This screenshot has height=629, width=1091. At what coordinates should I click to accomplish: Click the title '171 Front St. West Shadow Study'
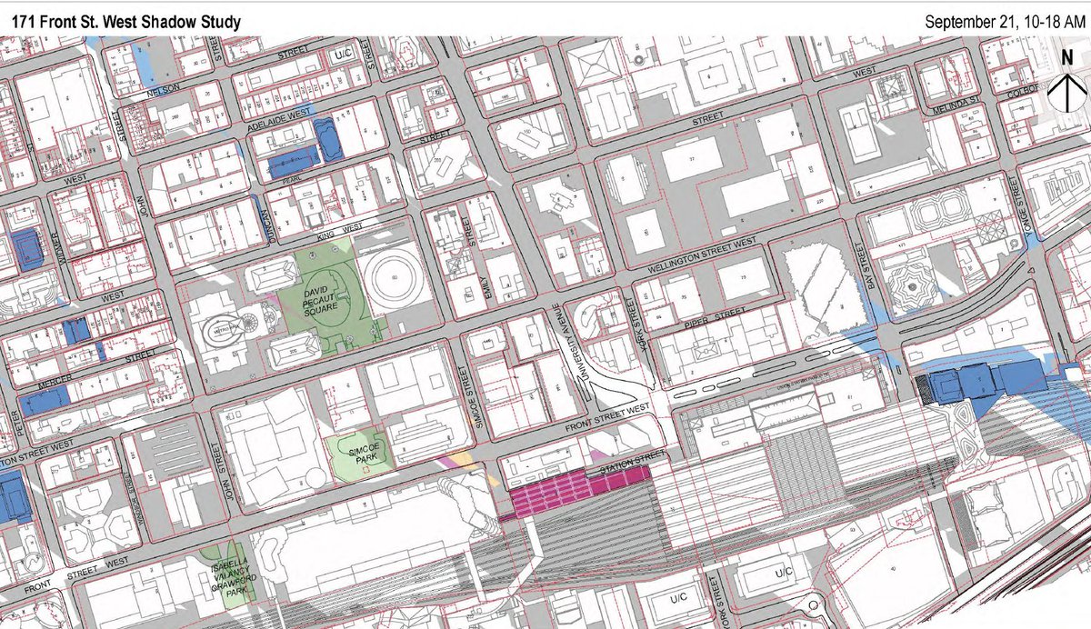coord(126,20)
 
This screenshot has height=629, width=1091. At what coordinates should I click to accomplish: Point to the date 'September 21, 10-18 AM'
coord(1003,20)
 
